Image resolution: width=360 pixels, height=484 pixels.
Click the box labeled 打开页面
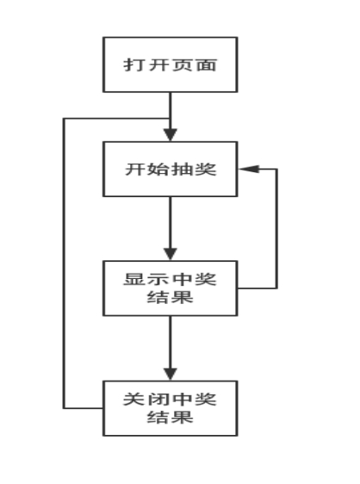(171, 65)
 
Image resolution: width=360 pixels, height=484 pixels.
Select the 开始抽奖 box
(171, 169)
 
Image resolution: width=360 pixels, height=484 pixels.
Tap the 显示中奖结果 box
(171, 289)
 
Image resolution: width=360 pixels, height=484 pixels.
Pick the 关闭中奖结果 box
(171, 408)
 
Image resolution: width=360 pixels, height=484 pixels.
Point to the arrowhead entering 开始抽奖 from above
(171, 135)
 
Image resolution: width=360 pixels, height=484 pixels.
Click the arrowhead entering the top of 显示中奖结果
(171, 254)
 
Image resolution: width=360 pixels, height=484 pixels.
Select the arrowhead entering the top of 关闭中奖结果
(171, 374)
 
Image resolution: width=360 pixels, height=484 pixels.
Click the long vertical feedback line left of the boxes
(64, 264)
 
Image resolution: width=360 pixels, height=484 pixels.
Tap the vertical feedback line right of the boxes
(276, 229)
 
